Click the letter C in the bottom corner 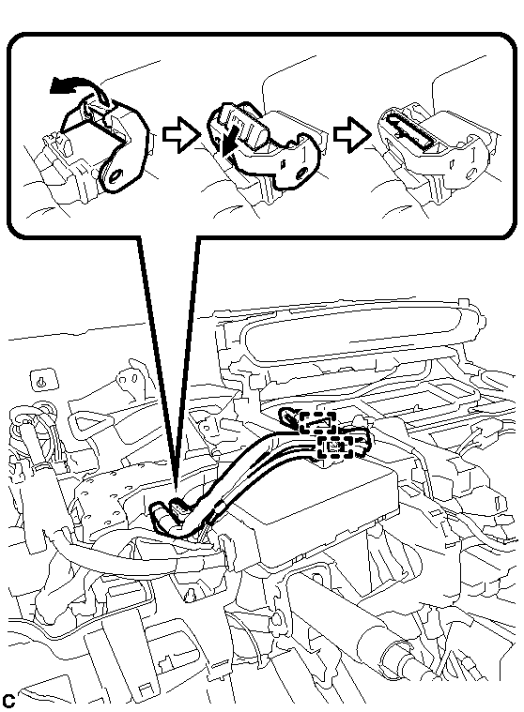point(8,701)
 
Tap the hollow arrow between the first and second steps point(181,134)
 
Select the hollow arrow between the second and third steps point(352,134)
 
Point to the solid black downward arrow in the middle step point(226,142)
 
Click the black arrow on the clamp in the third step point(407,131)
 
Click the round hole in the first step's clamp point(115,175)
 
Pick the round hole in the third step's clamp point(471,172)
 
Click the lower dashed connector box point(335,447)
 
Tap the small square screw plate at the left point(44,382)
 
